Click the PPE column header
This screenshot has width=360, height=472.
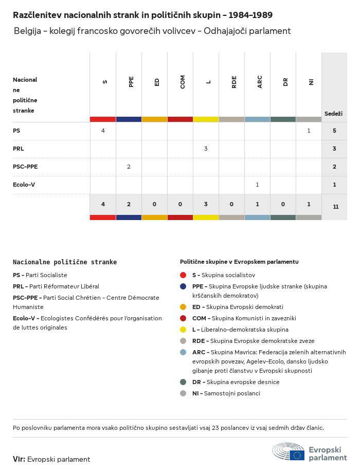click(x=131, y=82)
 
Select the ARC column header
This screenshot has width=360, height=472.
click(x=260, y=82)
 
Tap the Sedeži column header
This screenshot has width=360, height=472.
click(x=333, y=113)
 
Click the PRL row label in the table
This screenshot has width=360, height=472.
click(x=19, y=149)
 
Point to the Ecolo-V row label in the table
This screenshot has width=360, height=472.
click(x=24, y=185)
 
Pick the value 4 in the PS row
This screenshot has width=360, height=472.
click(x=103, y=131)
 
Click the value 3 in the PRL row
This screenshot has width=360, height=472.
click(x=206, y=149)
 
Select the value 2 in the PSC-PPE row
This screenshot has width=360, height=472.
click(x=129, y=167)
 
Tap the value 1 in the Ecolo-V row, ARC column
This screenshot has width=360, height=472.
click(x=257, y=185)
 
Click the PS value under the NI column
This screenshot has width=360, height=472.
click(x=309, y=131)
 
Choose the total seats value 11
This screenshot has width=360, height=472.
click(x=335, y=207)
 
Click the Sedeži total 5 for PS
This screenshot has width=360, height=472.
click(x=334, y=131)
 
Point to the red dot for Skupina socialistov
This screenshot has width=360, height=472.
click(x=183, y=275)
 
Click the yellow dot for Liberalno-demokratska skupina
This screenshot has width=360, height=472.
click(x=183, y=330)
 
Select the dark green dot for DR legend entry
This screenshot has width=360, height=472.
click(x=183, y=382)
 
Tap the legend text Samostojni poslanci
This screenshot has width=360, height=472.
click(x=232, y=393)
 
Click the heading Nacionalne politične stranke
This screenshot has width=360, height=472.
click(x=65, y=262)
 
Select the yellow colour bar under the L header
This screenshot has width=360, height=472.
click(x=206, y=119)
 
